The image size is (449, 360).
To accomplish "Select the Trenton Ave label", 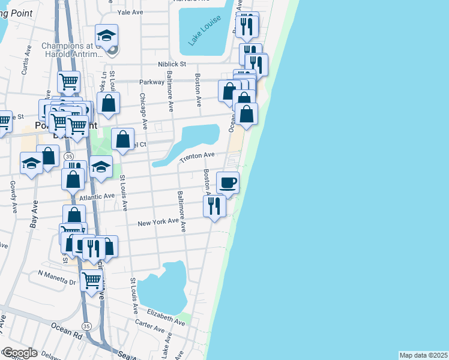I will [x=197, y=157].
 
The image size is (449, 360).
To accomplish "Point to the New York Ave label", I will [x=158, y=223].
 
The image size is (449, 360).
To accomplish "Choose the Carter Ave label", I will [x=150, y=329].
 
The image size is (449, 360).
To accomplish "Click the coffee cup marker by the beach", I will [x=228, y=182].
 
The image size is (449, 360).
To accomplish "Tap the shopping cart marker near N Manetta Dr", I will [x=92, y=279].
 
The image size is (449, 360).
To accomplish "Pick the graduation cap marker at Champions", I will [x=106, y=35].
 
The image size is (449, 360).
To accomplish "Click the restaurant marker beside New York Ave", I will [x=214, y=206].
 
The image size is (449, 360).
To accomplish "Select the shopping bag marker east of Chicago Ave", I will [x=122, y=140].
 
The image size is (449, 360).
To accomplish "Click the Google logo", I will [x=19, y=353].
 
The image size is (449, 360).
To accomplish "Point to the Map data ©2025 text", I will [x=423, y=355].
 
